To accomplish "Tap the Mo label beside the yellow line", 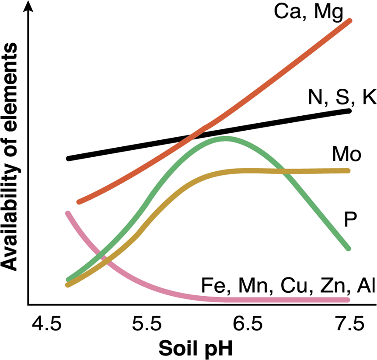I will point(346,155).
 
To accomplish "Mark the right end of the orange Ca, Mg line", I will point(349,21).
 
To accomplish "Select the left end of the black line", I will point(69,158).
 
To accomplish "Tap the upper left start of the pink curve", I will point(68,213).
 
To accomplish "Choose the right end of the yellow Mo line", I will point(348,170).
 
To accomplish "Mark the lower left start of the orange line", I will point(79,202).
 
